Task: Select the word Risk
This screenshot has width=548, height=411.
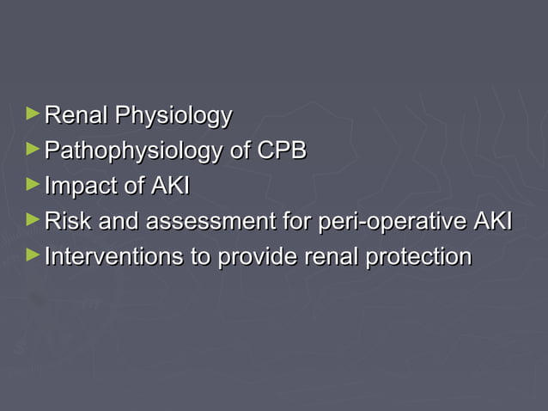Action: tap(68, 222)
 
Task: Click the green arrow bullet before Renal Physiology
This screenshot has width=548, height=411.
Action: tap(33, 113)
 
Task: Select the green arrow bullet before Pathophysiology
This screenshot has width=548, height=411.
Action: tap(33, 149)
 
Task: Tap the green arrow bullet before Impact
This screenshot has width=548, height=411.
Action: tap(33, 184)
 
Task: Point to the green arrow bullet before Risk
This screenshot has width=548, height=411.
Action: tap(33, 220)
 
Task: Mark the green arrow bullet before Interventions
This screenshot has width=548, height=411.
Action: tap(33, 255)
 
